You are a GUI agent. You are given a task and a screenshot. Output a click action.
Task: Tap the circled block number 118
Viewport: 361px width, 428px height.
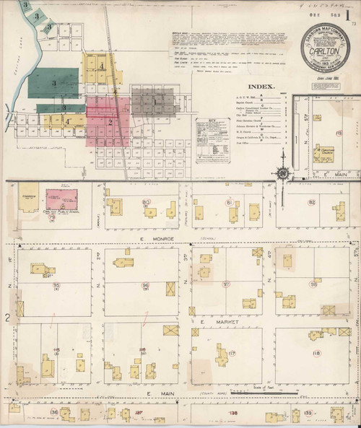(x=316, y=353)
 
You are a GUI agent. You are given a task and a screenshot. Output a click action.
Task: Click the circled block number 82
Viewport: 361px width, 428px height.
(x=312, y=203)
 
